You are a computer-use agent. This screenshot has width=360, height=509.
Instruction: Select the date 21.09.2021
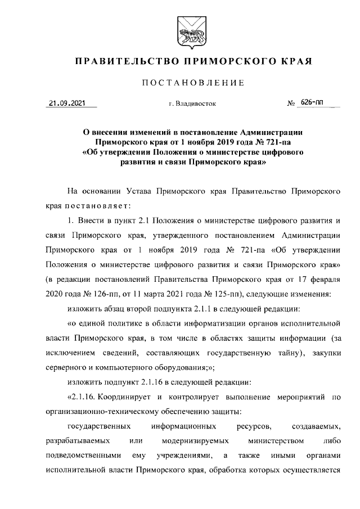pos(67,103)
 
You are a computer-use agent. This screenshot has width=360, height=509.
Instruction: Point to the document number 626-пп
pos(312,102)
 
